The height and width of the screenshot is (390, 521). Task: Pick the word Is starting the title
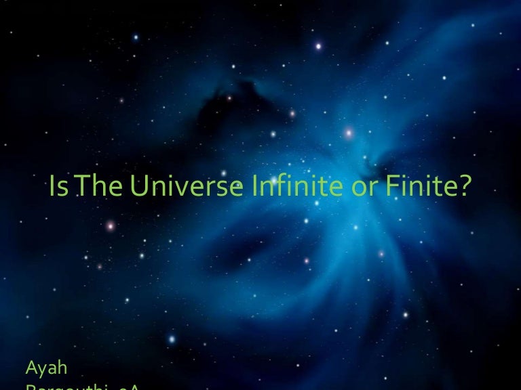(58, 188)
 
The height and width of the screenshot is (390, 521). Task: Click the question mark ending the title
(463, 188)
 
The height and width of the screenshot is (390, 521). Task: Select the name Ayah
(46, 368)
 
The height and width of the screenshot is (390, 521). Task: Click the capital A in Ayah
(31, 368)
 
